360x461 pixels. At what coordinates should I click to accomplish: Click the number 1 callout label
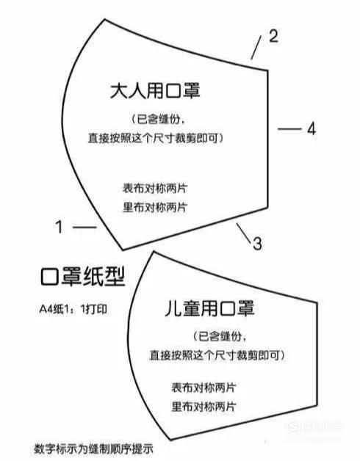[60, 227]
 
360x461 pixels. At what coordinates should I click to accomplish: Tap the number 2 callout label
[274, 36]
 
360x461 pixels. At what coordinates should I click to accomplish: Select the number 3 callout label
[257, 244]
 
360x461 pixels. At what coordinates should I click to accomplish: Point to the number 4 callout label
[312, 128]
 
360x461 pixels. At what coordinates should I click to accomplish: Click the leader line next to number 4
[289, 128]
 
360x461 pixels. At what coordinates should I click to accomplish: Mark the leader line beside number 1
[84, 227]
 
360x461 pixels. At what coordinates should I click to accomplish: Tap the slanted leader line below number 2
[256, 48]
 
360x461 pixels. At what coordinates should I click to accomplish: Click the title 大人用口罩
[155, 91]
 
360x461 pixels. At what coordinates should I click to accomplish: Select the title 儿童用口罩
[209, 308]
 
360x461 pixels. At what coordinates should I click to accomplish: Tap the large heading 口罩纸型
[83, 276]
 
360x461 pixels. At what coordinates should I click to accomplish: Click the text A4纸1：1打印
[73, 309]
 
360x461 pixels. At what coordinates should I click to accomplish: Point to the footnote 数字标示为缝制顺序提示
[94, 449]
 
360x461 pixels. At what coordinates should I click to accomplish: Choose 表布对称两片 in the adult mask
[155, 189]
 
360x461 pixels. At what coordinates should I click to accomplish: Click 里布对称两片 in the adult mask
[155, 207]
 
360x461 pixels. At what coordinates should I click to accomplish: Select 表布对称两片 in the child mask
[204, 388]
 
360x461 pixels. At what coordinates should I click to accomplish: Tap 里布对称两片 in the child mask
[204, 407]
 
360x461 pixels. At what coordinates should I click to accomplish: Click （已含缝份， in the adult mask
[158, 119]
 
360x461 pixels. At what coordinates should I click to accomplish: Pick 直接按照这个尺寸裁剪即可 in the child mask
[214, 355]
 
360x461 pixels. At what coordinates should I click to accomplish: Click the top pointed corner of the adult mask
[105, 19]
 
